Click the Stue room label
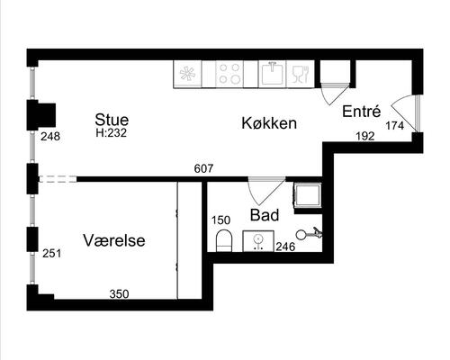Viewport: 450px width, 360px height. (x=112, y=120)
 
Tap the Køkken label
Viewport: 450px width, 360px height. (x=269, y=123)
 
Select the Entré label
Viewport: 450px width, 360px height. (x=361, y=112)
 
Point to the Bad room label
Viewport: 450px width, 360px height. (x=265, y=215)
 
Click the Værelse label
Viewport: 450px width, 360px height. (x=114, y=240)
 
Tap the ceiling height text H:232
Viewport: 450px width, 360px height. (x=112, y=133)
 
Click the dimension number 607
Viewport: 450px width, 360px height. (x=203, y=168)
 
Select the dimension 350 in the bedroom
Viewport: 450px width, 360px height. (x=119, y=294)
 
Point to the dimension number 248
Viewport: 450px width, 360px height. (x=50, y=137)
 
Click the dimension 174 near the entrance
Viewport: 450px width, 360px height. (x=394, y=126)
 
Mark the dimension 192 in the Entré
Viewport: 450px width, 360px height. (x=365, y=137)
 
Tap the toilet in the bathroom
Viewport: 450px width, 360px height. (x=224, y=241)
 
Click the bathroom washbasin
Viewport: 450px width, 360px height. (x=258, y=241)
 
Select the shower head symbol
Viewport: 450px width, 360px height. (x=309, y=233)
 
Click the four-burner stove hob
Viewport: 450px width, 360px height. (x=229, y=74)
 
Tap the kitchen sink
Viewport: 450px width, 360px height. (x=273, y=74)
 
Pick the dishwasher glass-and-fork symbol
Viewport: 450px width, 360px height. (x=301, y=74)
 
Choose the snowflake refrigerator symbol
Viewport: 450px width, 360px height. (x=188, y=74)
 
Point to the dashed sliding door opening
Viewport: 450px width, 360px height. (x=58, y=179)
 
